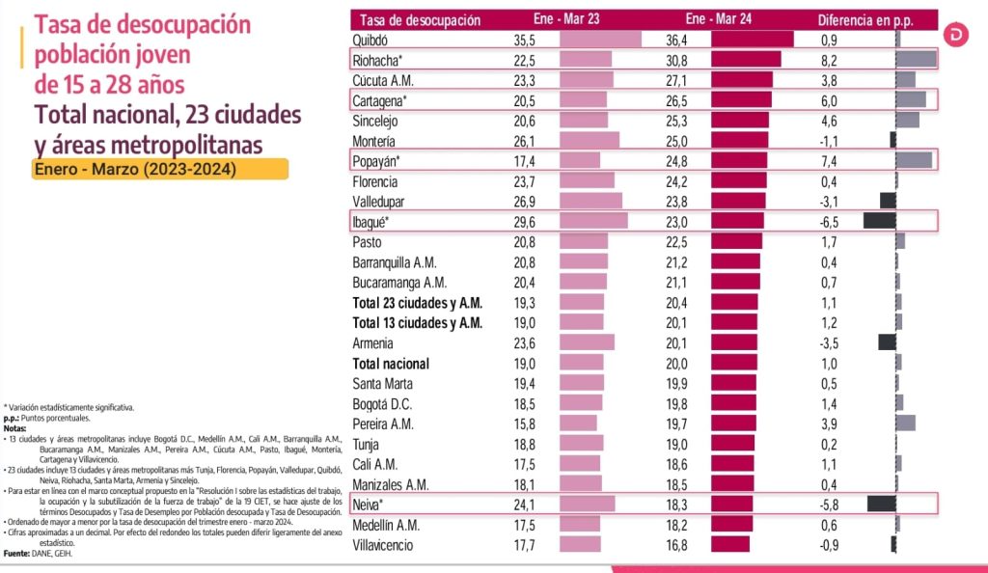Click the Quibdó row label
tap(370, 40)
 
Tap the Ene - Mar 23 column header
tap(564, 19)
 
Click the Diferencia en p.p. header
tap(864, 19)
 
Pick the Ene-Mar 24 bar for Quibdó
tap(752, 40)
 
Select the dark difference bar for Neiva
tap(882, 504)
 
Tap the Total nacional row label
tap(391, 364)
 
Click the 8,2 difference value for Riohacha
tap(829, 60)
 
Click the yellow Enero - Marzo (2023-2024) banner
tap(160, 170)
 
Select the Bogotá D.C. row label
tap(383, 403)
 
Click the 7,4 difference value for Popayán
tap(829, 160)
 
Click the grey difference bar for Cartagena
tap(911, 100)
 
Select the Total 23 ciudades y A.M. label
tap(417, 302)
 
